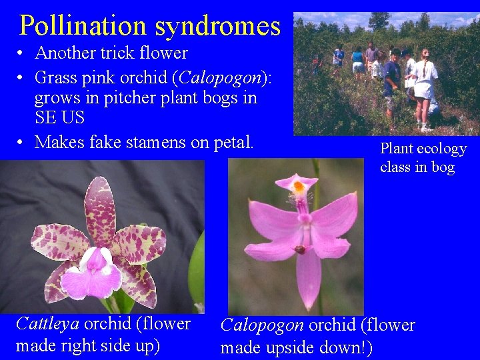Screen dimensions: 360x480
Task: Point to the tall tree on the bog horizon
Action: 379,21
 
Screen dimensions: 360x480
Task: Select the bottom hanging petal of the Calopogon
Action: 308,280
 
